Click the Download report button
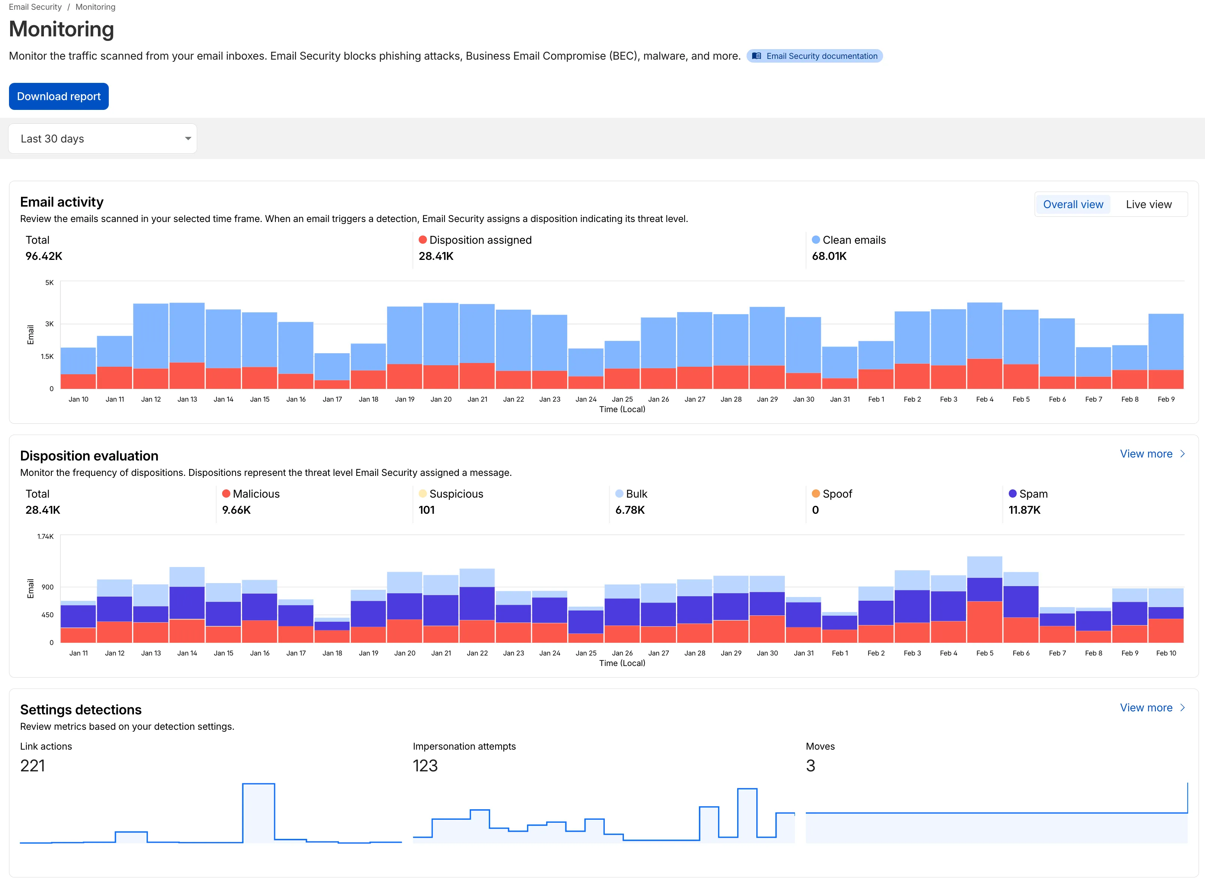59,96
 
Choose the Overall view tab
1073,204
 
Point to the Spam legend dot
1012,494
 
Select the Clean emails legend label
854,240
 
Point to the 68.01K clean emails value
829,256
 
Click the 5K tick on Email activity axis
50,282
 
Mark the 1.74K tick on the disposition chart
45,536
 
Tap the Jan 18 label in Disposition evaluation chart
332,653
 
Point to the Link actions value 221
33,766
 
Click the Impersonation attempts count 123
425,766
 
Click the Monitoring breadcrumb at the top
95,7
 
